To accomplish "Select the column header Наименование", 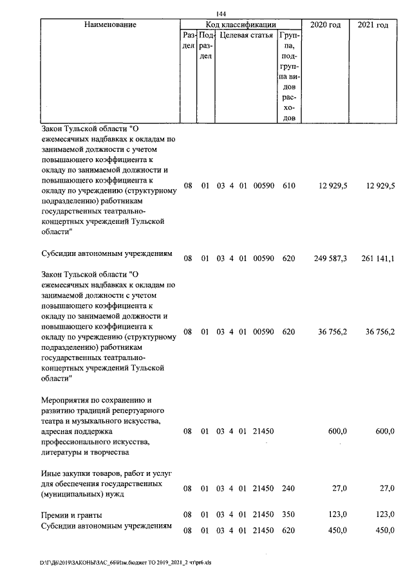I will pyautogui.click(x=110, y=24).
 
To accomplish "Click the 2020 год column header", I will pyautogui.click(x=325, y=24).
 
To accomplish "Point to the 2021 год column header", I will pyautogui.click(x=373, y=24).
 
